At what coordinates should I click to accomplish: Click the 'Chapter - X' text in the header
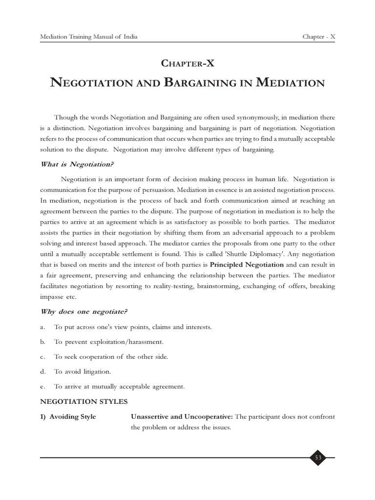pyautogui.click(x=319, y=37)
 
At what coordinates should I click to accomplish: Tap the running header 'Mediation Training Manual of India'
pyautogui.click(x=89, y=37)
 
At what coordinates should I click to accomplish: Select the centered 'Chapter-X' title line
pyautogui.click(x=187, y=63)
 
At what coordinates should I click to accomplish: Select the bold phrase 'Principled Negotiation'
pyautogui.click(x=247, y=265)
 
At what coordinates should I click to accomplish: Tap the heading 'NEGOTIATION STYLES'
pyautogui.click(x=84, y=401)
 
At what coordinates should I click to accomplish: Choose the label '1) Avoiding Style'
pyautogui.click(x=68, y=417)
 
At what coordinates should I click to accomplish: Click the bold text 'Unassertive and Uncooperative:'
pyautogui.click(x=182, y=417)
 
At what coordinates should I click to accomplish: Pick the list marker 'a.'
pyautogui.click(x=43, y=327)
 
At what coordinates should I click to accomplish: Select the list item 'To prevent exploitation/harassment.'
pyautogui.click(x=108, y=342)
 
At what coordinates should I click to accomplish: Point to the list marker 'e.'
pyautogui.click(x=43, y=387)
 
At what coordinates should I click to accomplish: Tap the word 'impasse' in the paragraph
pyautogui.click(x=52, y=296)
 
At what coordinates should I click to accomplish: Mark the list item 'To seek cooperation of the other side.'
pyautogui.click(x=111, y=357)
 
